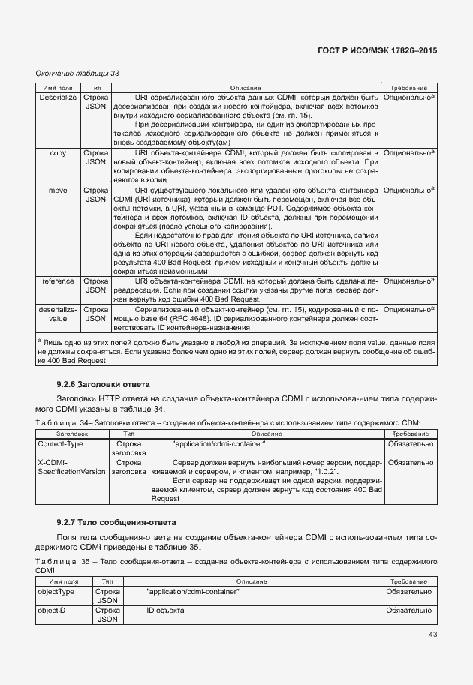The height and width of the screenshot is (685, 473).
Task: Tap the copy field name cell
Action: coord(58,152)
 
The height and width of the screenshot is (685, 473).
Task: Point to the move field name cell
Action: coord(58,191)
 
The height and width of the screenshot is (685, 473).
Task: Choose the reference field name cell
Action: coord(58,281)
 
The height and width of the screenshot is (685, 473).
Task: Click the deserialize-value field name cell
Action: coord(58,313)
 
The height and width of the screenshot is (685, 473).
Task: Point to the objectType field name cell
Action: coord(56,592)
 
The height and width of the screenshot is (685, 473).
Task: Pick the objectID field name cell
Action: coord(53,611)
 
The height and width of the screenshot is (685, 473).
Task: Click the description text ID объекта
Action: coord(165,611)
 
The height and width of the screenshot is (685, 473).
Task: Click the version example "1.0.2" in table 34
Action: coord(321,472)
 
